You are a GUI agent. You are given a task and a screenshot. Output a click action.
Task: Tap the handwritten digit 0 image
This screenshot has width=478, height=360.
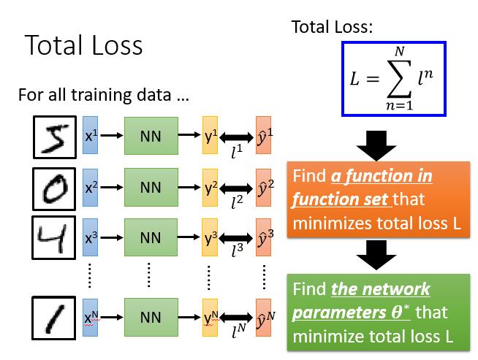[x=53, y=189]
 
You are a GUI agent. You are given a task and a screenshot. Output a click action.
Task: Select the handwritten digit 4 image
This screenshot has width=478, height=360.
[x=53, y=237]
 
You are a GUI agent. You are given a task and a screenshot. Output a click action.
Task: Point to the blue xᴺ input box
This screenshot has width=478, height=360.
[x=91, y=318]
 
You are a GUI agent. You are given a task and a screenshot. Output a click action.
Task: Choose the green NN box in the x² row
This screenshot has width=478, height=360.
[x=150, y=188]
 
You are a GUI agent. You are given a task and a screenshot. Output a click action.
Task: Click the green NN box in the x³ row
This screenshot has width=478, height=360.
[x=150, y=237]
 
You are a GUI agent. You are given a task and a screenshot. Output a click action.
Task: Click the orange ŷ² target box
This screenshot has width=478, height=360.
[x=265, y=188]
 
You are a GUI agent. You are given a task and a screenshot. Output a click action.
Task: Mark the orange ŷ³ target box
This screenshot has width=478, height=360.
[x=265, y=237]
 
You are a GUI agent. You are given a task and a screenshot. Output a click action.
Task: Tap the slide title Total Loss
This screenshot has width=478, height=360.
[x=83, y=45]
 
